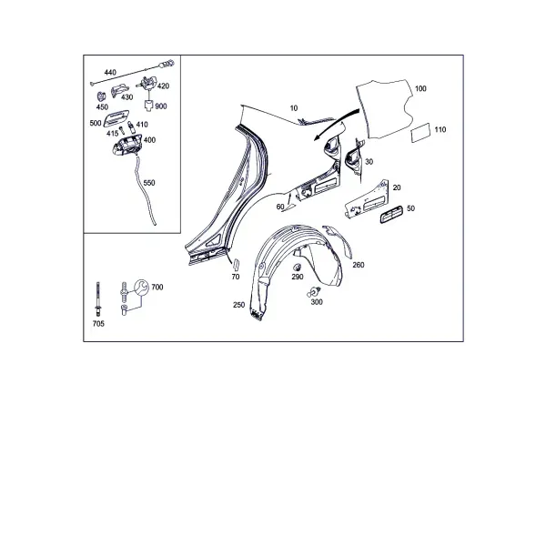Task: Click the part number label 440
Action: pos(110,73)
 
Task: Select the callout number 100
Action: pos(420,88)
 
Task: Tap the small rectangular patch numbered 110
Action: pos(420,132)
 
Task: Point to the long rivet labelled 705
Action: pos(98,299)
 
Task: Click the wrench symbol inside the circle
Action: pos(141,288)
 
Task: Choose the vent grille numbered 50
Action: pos(391,214)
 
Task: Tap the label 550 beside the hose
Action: pos(149,183)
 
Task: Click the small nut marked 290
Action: pos(297,268)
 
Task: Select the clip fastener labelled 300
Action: pos(314,292)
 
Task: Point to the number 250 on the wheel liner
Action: pos(238,305)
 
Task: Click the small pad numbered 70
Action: pos(236,264)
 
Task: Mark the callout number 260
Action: pos(359,265)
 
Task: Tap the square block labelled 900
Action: pos(149,105)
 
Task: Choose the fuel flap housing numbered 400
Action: pos(126,144)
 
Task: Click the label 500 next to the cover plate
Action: pos(96,123)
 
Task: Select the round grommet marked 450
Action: pos(101,96)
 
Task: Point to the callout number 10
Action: pos(294,108)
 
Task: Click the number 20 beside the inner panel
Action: pos(397,187)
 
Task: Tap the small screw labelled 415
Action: pos(122,130)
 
